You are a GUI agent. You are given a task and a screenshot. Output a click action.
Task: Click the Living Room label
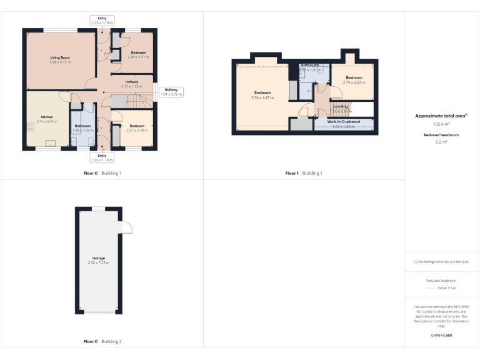coord(60,57)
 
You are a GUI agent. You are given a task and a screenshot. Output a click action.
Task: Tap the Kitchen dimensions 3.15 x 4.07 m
coord(47,122)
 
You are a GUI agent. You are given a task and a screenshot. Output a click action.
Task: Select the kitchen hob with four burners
coord(30,127)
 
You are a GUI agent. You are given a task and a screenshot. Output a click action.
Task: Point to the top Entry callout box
coord(102,20)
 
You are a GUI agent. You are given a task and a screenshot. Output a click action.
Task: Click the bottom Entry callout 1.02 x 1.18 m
coord(102,157)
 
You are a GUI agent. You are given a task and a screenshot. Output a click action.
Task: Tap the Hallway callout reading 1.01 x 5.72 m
coord(171,92)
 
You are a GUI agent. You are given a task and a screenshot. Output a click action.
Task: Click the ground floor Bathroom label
coord(83,127)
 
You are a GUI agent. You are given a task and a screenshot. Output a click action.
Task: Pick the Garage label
coord(99,260)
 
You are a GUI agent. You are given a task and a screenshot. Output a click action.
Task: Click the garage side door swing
coord(127,226)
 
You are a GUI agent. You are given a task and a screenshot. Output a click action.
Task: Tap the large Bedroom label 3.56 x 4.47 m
coord(261,95)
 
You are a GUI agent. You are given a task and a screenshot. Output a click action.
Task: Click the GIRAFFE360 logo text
coord(441,336)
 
